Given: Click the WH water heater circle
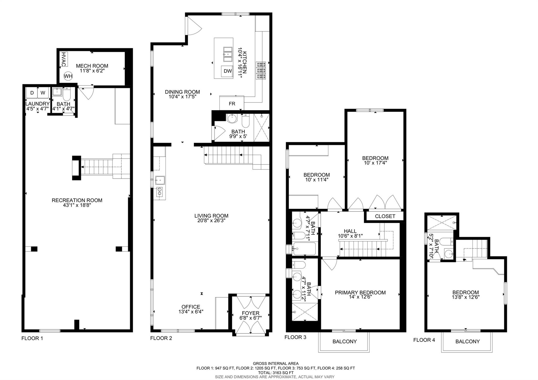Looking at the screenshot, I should pyautogui.click(x=68, y=76).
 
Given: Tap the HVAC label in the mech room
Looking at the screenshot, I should pyautogui.click(x=63, y=59).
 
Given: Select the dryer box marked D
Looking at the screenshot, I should pyautogui.click(x=32, y=93).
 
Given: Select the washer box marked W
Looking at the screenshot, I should pyautogui.click(x=43, y=93).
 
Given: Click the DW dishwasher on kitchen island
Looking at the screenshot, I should pyautogui.click(x=228, y=71).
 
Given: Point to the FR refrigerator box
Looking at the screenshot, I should pyautogui.click(x=232, y=104).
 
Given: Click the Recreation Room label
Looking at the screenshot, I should pyautogui.click(x=77, y=200).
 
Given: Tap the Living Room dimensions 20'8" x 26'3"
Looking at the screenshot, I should pyautogui.click(x=211, y=220).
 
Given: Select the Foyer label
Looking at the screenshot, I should pyautogui.click(x=251, y=313).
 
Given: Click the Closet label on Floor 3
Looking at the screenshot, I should pyautogui.click(x=385, y=216).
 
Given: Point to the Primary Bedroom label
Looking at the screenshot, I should pyautogui.click(x=360, y=292).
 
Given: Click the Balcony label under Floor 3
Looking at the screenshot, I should pyautogui.click(x=344, y=341).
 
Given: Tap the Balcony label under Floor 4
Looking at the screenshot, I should pyautogui.click(x=467, y=341).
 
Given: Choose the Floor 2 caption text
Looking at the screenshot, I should pyautogui.click(x=161, y=338).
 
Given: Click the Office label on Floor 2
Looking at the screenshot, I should pyautogui.click(x=191, y=307).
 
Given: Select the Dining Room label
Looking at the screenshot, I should pyautogui.click(x=182, y=92).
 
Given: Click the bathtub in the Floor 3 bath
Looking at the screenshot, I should pyautogui.click(x=304, y=249).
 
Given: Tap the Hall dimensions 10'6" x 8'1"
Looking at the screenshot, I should pyautogui.click(x=350, y=236).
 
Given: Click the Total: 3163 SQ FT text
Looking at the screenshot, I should pyautogui.click(x=276, y=372).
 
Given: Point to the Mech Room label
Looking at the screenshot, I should pyautogui.click(x=92, y=66).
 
